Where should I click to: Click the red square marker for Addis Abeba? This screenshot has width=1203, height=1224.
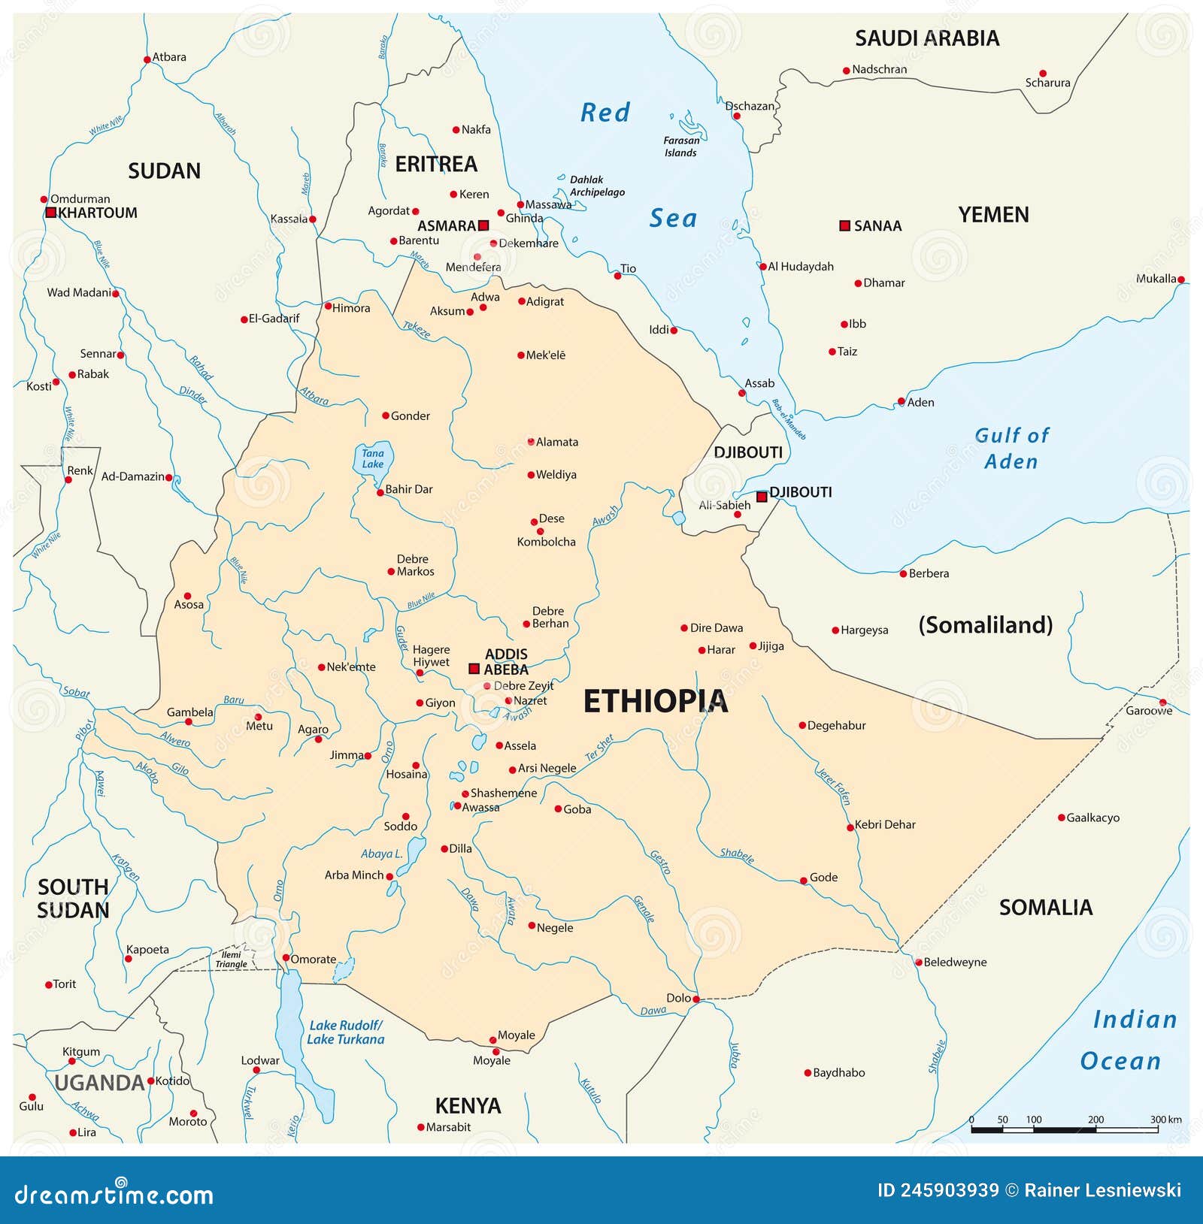(474, 668)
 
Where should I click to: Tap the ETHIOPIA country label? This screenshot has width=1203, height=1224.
(656, 701)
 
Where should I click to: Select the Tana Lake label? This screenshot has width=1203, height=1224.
(373, 458)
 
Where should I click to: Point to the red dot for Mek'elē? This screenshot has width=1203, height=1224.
(520, 355)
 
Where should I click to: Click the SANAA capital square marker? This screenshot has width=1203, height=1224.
(844, 225)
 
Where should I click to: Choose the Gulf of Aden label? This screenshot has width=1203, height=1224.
(1011, 448)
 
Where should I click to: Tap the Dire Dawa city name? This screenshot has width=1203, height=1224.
(716, 627)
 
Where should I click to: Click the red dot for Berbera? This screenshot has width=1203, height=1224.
(903, 573)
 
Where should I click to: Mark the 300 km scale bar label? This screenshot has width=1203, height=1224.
(1165, 1119)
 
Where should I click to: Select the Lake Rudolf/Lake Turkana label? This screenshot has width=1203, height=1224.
(345, 1032)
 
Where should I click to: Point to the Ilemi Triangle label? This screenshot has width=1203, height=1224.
(231, 960)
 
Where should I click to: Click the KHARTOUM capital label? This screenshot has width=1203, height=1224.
(98, 213)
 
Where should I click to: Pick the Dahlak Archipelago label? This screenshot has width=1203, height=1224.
(596, 186)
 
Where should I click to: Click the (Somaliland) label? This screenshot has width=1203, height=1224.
(985, 624)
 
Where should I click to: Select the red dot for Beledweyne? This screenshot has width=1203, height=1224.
(918, 963)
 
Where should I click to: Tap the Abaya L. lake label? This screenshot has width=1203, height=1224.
(381, 854)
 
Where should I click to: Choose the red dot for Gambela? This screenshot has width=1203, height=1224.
(189, 721)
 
